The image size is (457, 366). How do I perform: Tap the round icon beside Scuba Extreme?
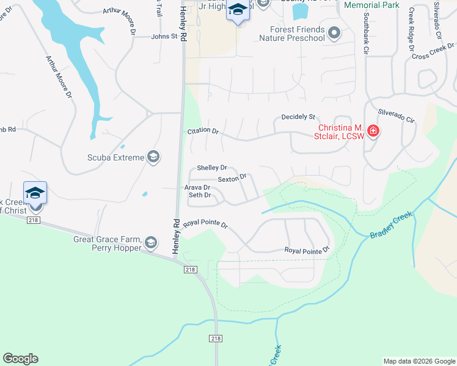pos(153,158)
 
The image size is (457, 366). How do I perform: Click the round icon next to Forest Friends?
pos(334,33)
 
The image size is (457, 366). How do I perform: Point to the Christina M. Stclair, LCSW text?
pos(340,131)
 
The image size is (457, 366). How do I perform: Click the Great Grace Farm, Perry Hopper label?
pos(108,243)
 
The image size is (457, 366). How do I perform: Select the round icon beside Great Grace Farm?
pos(150,244)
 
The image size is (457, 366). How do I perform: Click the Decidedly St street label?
pos(298,117)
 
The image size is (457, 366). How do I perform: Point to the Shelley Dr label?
pos(211,168)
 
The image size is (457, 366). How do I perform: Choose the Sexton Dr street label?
pos(232,178)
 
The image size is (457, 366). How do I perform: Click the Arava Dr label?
pos(197,188)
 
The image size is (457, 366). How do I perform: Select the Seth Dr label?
pos(199,195)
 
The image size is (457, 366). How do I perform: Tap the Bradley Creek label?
pos(391,224)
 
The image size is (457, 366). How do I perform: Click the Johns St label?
pos(164,37)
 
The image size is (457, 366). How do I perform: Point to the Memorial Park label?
pos(371,5)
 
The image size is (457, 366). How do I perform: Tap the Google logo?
pos(20,359)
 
